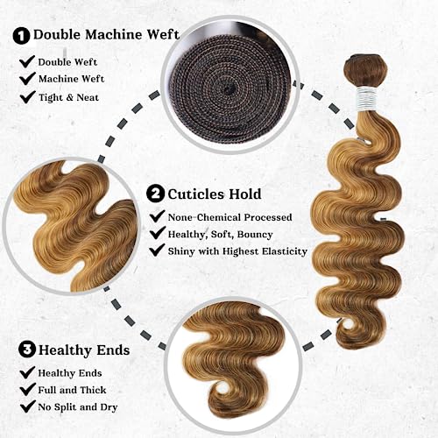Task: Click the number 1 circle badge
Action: point(21,36)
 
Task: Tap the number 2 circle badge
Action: point(155,194)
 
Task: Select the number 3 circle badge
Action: point(27,350)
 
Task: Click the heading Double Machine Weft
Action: point(106,35)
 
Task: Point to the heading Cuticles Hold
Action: point(215,194)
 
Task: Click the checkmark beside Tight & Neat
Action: point(27,97)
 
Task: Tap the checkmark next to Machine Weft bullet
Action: point(27,79)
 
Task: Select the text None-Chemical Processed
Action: point(230,217)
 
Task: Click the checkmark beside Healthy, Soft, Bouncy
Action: point(158,233)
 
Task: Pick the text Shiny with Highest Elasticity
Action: point(237,251)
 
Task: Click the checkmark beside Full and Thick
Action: point(27,390)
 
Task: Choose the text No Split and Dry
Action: point(78,407)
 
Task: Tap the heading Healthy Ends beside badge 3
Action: point(84,350)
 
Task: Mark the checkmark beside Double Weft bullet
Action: point(27,61)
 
